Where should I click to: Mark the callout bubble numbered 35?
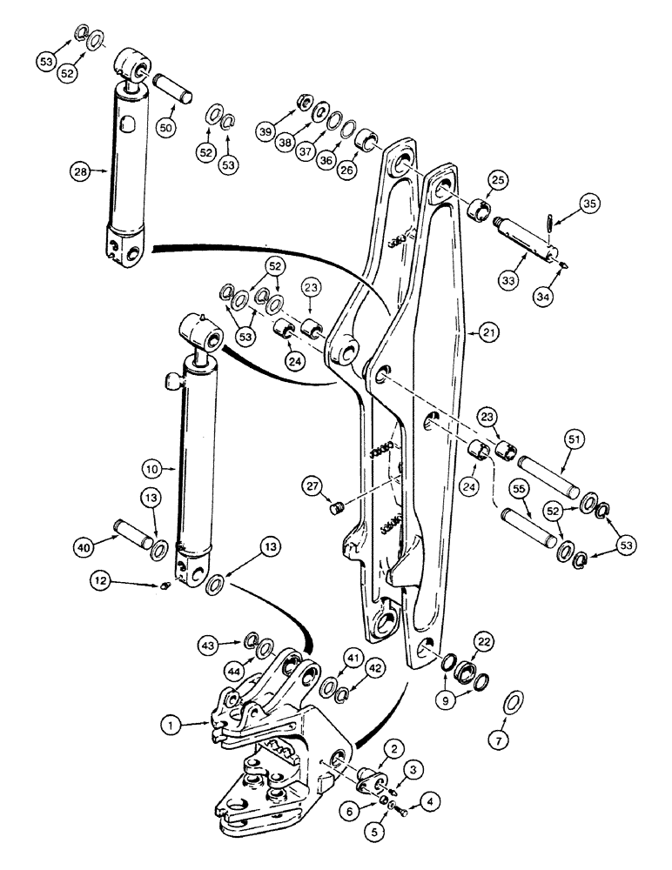590,205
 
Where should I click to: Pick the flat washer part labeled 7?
514,700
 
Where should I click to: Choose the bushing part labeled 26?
369,139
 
